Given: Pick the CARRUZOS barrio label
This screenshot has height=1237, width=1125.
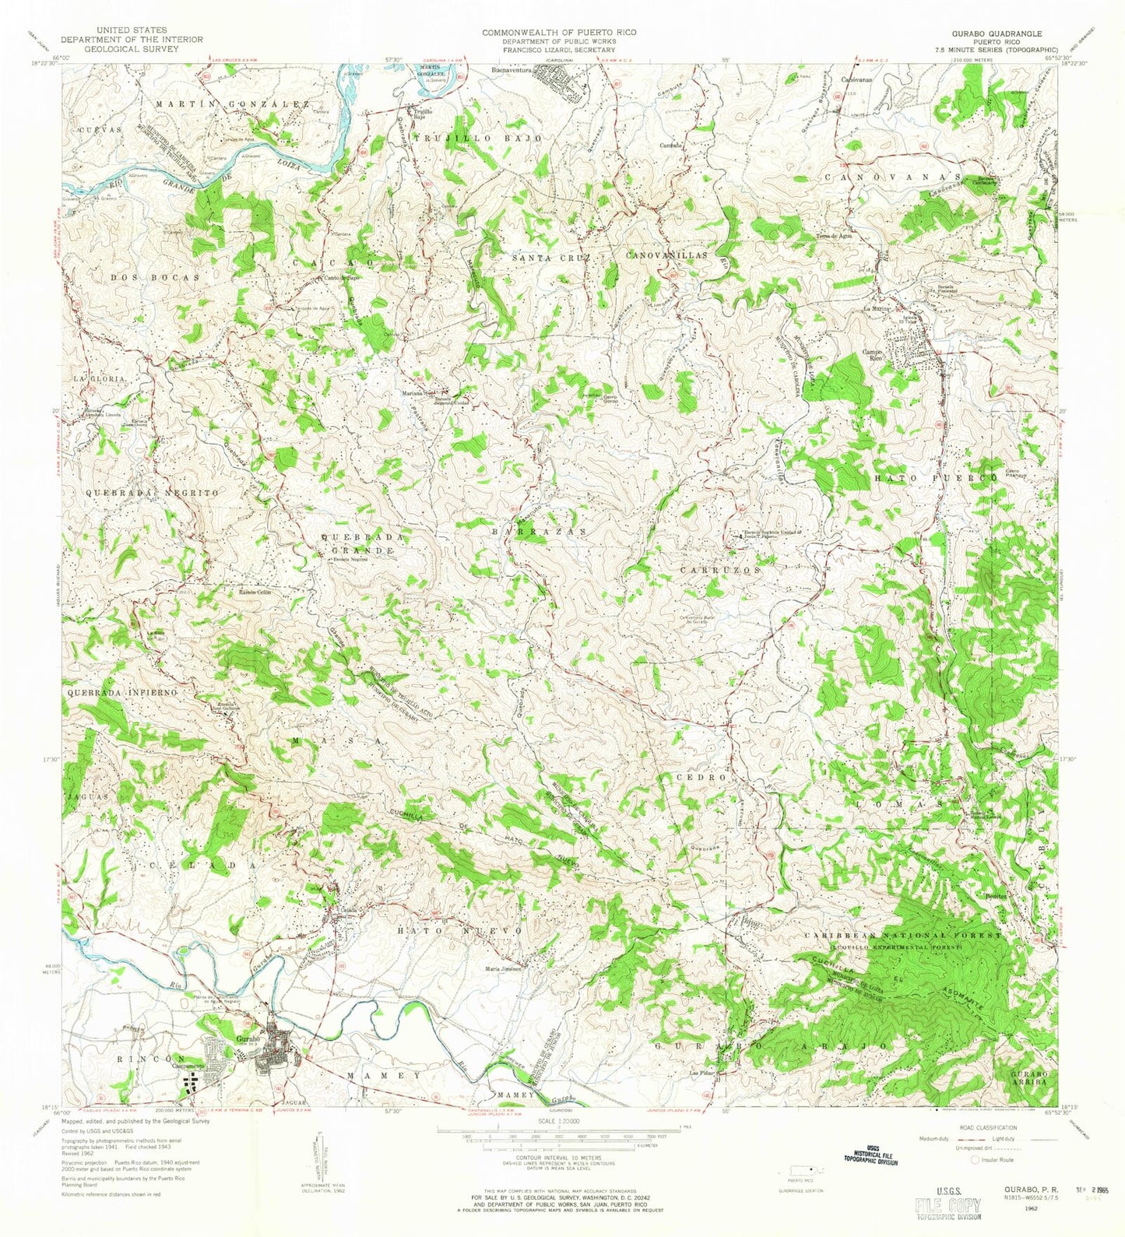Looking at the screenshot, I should (x=719, y=570).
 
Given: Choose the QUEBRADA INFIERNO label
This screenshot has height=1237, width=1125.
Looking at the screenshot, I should (x=124, y=691).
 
